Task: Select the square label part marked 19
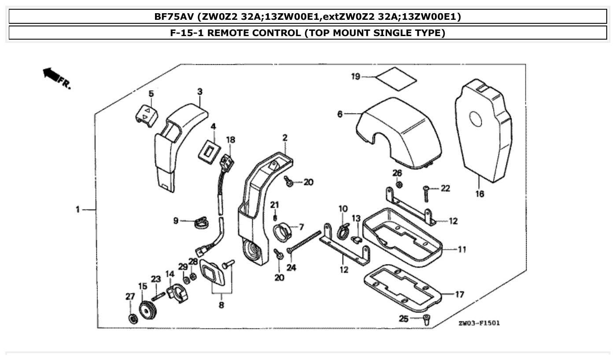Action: tap(396, 76)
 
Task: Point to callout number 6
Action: tap(340, 114)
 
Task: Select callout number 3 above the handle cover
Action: tap(200, 92)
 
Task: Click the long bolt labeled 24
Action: tap(304, 242)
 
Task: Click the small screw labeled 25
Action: tap(426, 320)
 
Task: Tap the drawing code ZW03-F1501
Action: tap(479, 323)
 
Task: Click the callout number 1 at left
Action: tap(77, 210)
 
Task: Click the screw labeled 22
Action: tap(427, 192)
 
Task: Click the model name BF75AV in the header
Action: tap(173, 17)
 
